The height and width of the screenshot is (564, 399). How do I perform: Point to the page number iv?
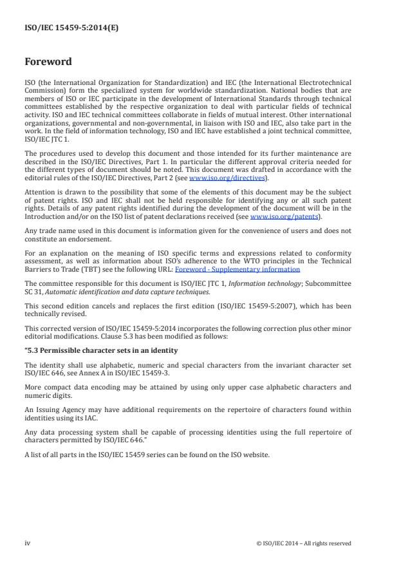click(28, 543)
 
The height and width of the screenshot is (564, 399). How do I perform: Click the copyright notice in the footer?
click(304, 543)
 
